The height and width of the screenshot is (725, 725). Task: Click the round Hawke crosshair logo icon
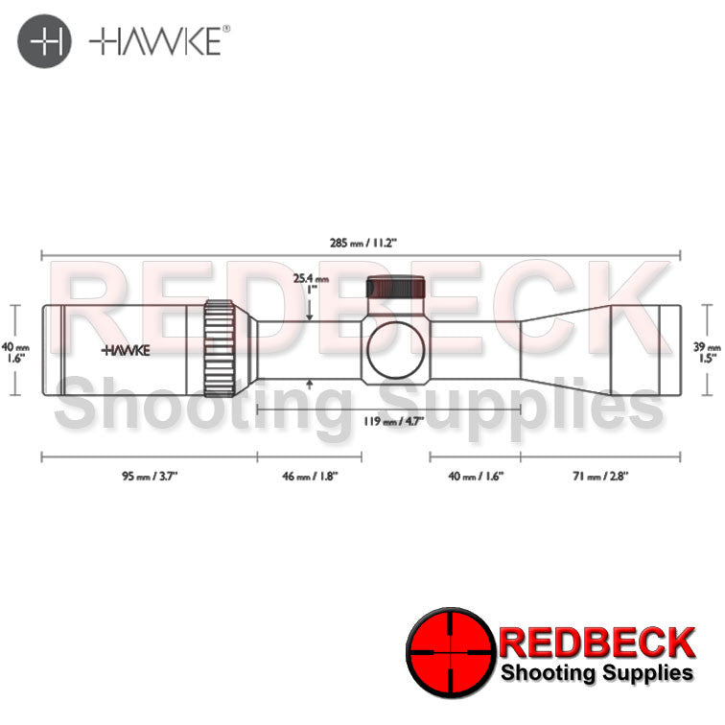tap(44, 43)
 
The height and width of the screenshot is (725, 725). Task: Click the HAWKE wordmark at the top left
tap(158, 43)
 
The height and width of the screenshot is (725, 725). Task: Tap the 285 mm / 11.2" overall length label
tap(357, 244)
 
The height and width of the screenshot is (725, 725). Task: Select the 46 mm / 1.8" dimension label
tap(309, 475)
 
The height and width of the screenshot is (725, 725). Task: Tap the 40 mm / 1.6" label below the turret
tap(475, 475)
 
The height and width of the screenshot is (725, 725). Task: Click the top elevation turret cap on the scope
tap(395, 289)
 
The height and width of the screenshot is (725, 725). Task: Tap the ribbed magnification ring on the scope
tap(220, 349)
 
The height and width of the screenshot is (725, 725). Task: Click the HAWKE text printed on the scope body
tap(127, 350)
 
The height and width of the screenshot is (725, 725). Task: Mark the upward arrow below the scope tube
tap(310, 385)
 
